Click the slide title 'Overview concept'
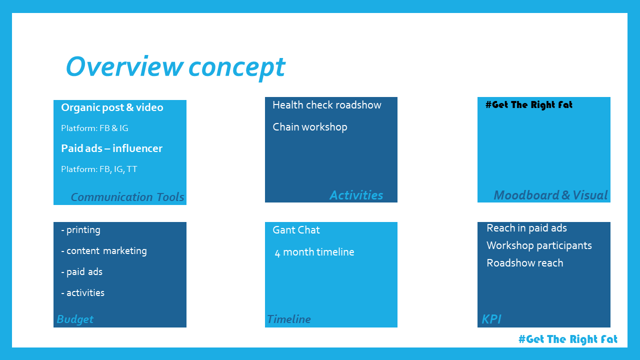[x=175, y=67]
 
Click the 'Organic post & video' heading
[x=112, y=107]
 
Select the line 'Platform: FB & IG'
[x=94, y=128]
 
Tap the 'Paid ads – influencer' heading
[x=111, y=148]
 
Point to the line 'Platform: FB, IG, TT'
[x=99, y=169]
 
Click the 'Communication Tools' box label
[x=127, y=197]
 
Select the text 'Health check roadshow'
[x=327, y=105]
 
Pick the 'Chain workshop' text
[x=310, y=127]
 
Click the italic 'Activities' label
[x=356, y=195]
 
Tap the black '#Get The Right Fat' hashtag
[x=529, y=105]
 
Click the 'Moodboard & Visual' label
[x=550, y=195]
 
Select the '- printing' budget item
[x=81, y=230]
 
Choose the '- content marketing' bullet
[x=104, y=251]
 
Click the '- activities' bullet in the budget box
[x=83, y=293]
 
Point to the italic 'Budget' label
[x=75, y=319]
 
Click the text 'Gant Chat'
[x=296, y=230]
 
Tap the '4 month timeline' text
[x=314, y=252]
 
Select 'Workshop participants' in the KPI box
[x=539, y=245]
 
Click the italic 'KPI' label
[x=491, y=319]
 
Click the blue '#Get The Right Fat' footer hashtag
[x=568, y=339]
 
